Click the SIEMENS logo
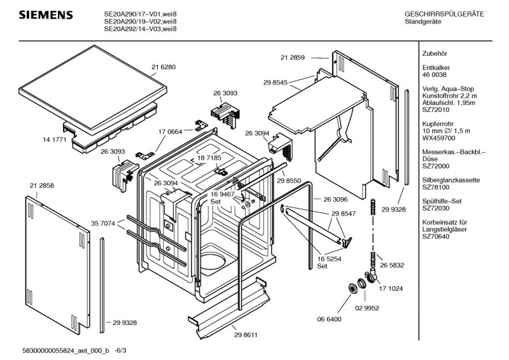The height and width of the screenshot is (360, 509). coord(39,15)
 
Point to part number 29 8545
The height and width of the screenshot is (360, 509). coord(275,82)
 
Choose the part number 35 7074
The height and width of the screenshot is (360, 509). coord(103,223)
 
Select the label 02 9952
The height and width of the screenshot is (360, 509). coord(366,307)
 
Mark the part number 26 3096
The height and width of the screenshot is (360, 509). coord(336,198)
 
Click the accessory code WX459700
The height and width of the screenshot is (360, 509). coord(438,137)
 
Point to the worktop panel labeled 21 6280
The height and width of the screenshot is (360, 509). coord(89,83)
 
